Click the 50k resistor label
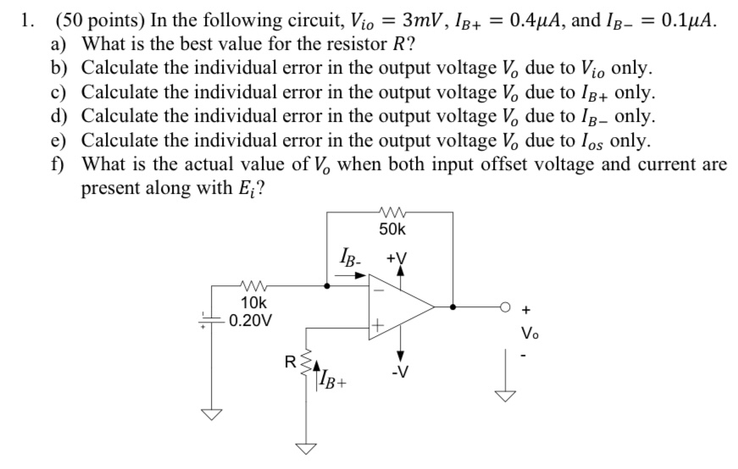pos(391,229)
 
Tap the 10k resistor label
pos(254,302)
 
